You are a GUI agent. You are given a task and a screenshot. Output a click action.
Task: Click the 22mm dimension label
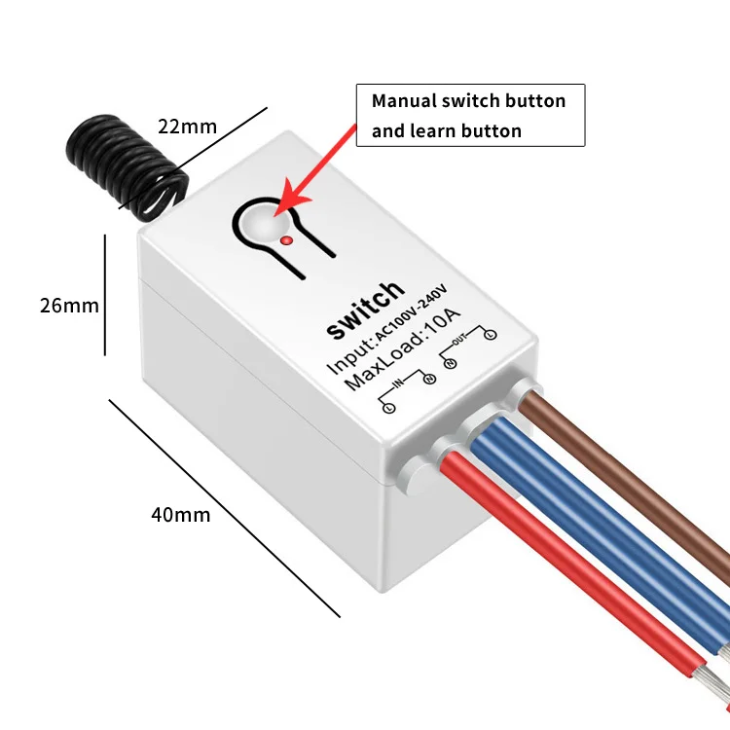pyautogui.click(x=188, y=127)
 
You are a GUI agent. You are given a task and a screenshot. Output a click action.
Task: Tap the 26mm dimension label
pyautogui.click(x=69, y=305)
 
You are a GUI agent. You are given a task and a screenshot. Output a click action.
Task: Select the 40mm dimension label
pyautogui.click(x=180, y=514)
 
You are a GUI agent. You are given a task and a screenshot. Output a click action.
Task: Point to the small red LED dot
pyautogui.click(x=285, y=238)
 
